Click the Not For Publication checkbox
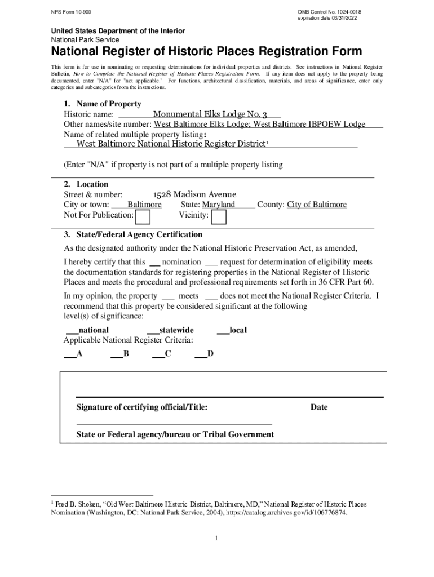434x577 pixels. click(x=143, y=216)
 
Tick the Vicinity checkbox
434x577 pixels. click(x=219, y=216)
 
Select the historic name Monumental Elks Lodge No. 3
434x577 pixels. click(x=210, y=113)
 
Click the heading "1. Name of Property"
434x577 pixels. click(x=102, y=104)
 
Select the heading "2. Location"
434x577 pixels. click(x=86, y=184)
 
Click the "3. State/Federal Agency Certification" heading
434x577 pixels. click(x=133, y=234)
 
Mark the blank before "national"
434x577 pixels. click(x=72, y=331)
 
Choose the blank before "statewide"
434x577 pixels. click(x=152, y=331)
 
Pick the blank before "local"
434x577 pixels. click(x=223, y=331)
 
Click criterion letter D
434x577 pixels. click(x=210, y=354)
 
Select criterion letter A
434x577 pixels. click(x=79, y=354)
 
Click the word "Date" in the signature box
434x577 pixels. click(x=318, y=407)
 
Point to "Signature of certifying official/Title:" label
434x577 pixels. click(x=141, y=407)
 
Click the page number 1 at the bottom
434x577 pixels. click(x=216, y=539)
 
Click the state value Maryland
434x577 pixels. click(x=219, y=205)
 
